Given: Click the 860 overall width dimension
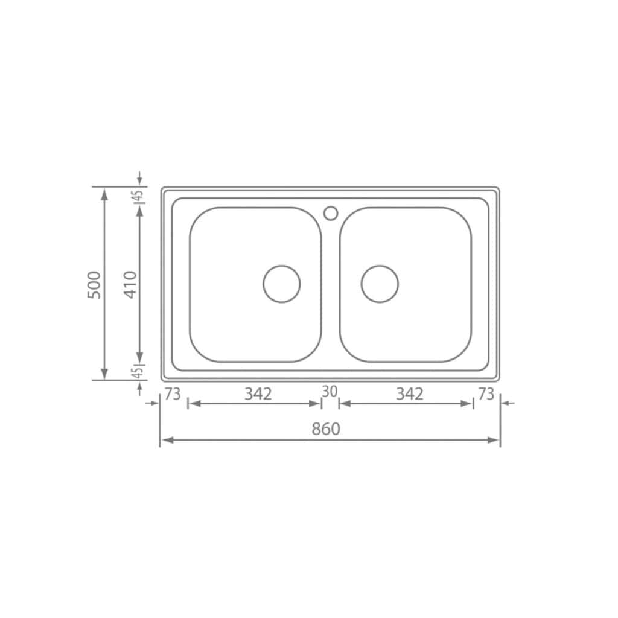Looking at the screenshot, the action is pyautogui.click(x=325, y=429).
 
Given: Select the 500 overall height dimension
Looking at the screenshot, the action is pyautogui.click(x=94, y=285).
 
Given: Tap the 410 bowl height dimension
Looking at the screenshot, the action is pyautogui.click(x=130, y=285).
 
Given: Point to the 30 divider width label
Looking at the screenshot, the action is pyautogui.click(x=330, y=391).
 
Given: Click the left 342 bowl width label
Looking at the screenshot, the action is pyautogui.click(x=258, y=393).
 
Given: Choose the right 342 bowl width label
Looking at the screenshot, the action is pyautogui.click(x=410, y=393).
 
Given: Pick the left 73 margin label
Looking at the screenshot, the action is pyautogui.click(x=172, y=393).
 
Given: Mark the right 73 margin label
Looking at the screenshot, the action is pyautogui.click(x=486, y=393).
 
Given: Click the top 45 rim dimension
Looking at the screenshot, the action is pyautogui.click(x=139, y=196).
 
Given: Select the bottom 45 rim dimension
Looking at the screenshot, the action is pyautogui.click(x=139, y=372).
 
